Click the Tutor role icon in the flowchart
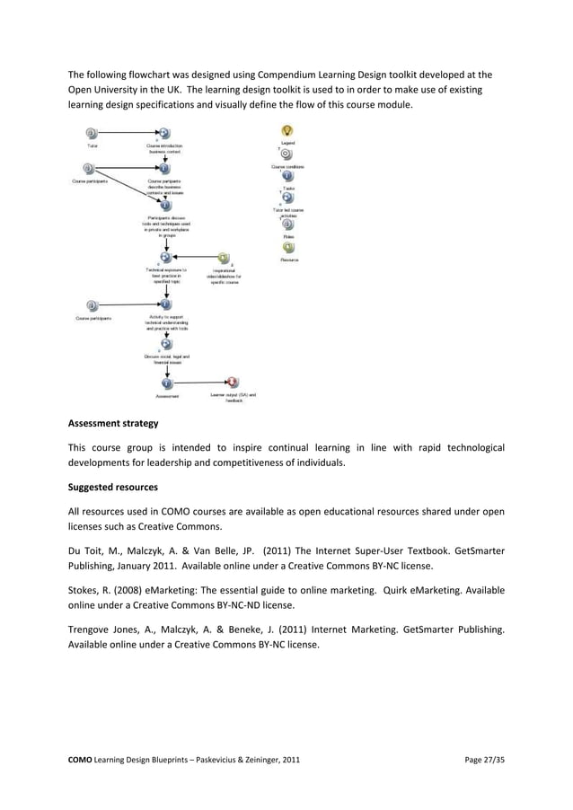(88, 133)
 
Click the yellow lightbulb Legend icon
(287, 132)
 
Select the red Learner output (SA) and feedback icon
(233, 382)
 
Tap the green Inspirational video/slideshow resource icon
(223, 258)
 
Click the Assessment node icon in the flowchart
(166, 382)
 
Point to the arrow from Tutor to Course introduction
(126, 133)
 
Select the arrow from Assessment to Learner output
(199, 382)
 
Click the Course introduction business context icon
(164, 133)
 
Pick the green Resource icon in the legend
(288, 247)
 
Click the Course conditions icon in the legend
(287, 154)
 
